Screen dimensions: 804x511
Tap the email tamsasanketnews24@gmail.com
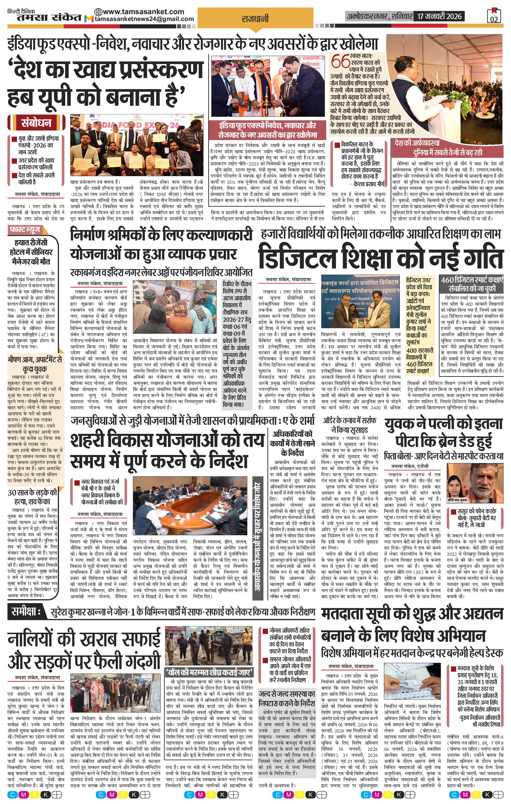pos(144,19)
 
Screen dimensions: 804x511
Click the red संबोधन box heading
pos(36,123)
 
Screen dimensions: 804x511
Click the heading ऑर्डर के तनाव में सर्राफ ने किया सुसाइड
pos(349,425)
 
